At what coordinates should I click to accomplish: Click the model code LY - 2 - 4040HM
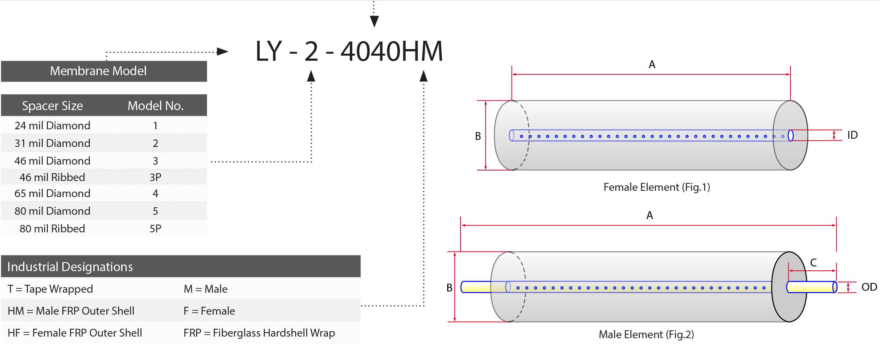[349, 51]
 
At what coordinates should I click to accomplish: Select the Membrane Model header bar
[104, 71]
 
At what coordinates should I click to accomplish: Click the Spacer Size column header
[53, 106]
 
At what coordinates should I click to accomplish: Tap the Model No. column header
[156, 106]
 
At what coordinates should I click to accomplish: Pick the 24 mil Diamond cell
[53, 125]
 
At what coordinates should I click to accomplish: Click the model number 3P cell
[155, 177]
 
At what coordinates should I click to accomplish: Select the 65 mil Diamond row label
[53, 193]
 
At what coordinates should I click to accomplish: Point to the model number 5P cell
[155, 228]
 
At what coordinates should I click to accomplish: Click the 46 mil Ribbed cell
[53, 177]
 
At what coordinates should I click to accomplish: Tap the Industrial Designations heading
[70, 267]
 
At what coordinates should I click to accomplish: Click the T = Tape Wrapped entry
[50, 289]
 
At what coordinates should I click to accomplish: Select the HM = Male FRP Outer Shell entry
[71, 311]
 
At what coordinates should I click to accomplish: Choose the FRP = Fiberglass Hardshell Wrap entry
[259, 333]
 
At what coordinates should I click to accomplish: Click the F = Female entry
[209, 311]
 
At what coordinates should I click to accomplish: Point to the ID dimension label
[852, 135]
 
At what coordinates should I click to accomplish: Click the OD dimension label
[869, 287]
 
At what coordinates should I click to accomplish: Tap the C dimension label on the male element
[814, 263]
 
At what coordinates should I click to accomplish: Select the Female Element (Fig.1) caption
[657, 187]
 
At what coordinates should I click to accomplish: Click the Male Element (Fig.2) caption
[646, 335]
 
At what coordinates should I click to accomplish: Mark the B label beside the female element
[478, 136]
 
